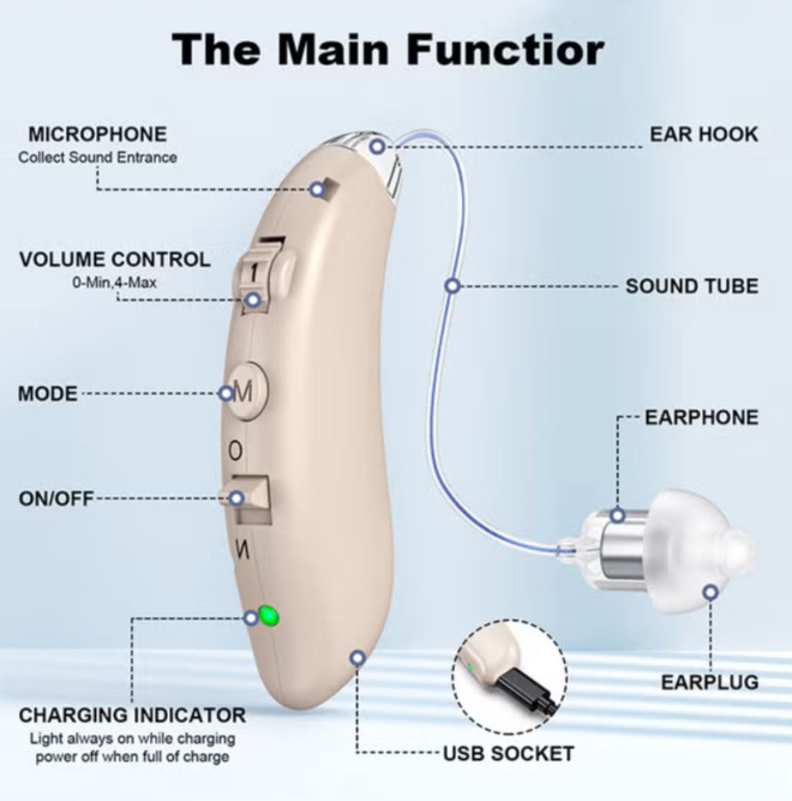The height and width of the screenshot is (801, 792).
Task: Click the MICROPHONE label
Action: tap(98, 134)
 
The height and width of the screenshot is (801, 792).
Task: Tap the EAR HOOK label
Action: tap(704, 134)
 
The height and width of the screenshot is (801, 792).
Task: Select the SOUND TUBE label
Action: tap(691, 286)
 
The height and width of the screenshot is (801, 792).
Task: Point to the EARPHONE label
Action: tap(701, 417)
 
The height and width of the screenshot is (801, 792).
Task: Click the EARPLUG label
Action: tap(709, 682)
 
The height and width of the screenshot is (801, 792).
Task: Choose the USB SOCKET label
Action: tap(508, 753)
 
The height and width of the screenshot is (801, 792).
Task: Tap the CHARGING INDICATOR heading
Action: tap(132, 715)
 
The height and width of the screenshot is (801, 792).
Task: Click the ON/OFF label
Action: tap(56, 498)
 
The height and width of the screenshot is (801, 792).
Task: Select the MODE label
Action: tap(48, 393)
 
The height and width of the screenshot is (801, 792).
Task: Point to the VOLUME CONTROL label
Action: tap(115, 259)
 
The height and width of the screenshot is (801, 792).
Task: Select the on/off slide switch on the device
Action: tap(254, 498)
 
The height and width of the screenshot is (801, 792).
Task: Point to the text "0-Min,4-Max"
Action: tap(115, 283)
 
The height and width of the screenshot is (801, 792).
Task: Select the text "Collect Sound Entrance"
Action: tap(98, 157)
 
